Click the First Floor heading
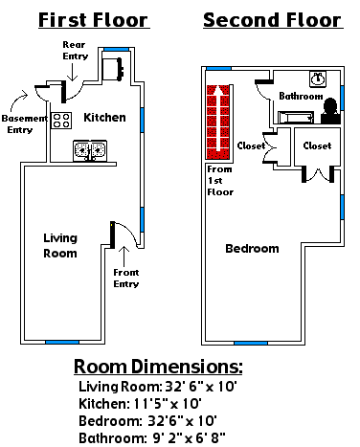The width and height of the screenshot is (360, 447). (x=94, y=20)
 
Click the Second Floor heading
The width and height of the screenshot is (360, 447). (x=273, y=20)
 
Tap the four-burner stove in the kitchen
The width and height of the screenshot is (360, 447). (x=61, y=121)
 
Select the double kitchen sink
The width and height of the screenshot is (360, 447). (x=90, y=150)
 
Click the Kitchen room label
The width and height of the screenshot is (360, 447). (x=104, y=118)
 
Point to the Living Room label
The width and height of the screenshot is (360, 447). (x=60, y=245)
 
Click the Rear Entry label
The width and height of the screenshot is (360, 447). (x=76, y=51)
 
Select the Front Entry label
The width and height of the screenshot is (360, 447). (x=126, y=278)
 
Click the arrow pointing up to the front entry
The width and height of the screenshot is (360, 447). (x=124, y=256)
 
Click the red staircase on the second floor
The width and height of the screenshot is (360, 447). (x=219, y=122)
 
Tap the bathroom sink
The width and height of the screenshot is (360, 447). (x=318, y=78)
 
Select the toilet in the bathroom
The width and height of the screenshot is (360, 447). (x=330, y=111)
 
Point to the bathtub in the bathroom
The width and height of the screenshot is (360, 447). (x=296, y=118)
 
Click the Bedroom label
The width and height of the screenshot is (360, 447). (x=252, y=249)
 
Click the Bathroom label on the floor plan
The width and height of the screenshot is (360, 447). (x=301, y=96)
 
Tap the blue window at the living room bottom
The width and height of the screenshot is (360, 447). (x=62, y=342)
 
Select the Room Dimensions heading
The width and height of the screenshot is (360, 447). (x=158, y=367)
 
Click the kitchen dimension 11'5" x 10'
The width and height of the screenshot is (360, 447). (x=140, y=404)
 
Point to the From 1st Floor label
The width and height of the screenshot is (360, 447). (x=220, y=181)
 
